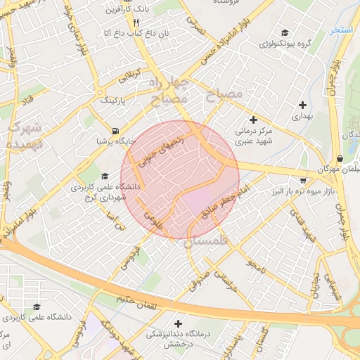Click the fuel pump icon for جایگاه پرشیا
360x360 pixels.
coord(115,131)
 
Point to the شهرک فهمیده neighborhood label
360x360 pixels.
coord(25,136)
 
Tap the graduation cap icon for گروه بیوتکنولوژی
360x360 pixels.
coord(285,33)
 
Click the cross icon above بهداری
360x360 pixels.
coord(302,105)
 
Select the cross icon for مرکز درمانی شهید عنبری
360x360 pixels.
coord(253,120)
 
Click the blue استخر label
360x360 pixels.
coord(342,32)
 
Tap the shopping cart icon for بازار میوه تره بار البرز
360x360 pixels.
coord(303,180)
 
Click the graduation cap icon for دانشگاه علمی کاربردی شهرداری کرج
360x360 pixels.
coord(105,176)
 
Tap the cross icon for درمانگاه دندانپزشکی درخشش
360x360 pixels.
coord(177,323)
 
